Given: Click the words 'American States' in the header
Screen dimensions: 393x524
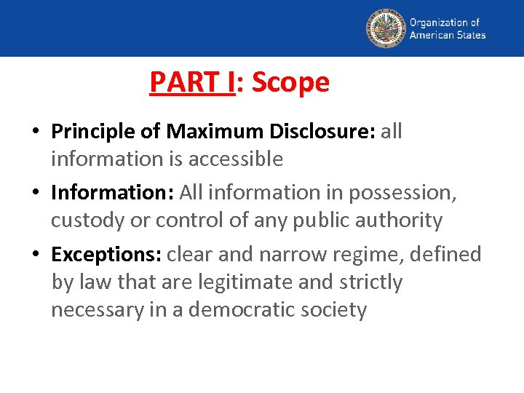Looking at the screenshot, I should (448, 35).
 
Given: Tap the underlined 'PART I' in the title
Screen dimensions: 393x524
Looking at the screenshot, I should (192, 82).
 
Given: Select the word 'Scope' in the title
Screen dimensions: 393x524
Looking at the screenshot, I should (290, 82).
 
